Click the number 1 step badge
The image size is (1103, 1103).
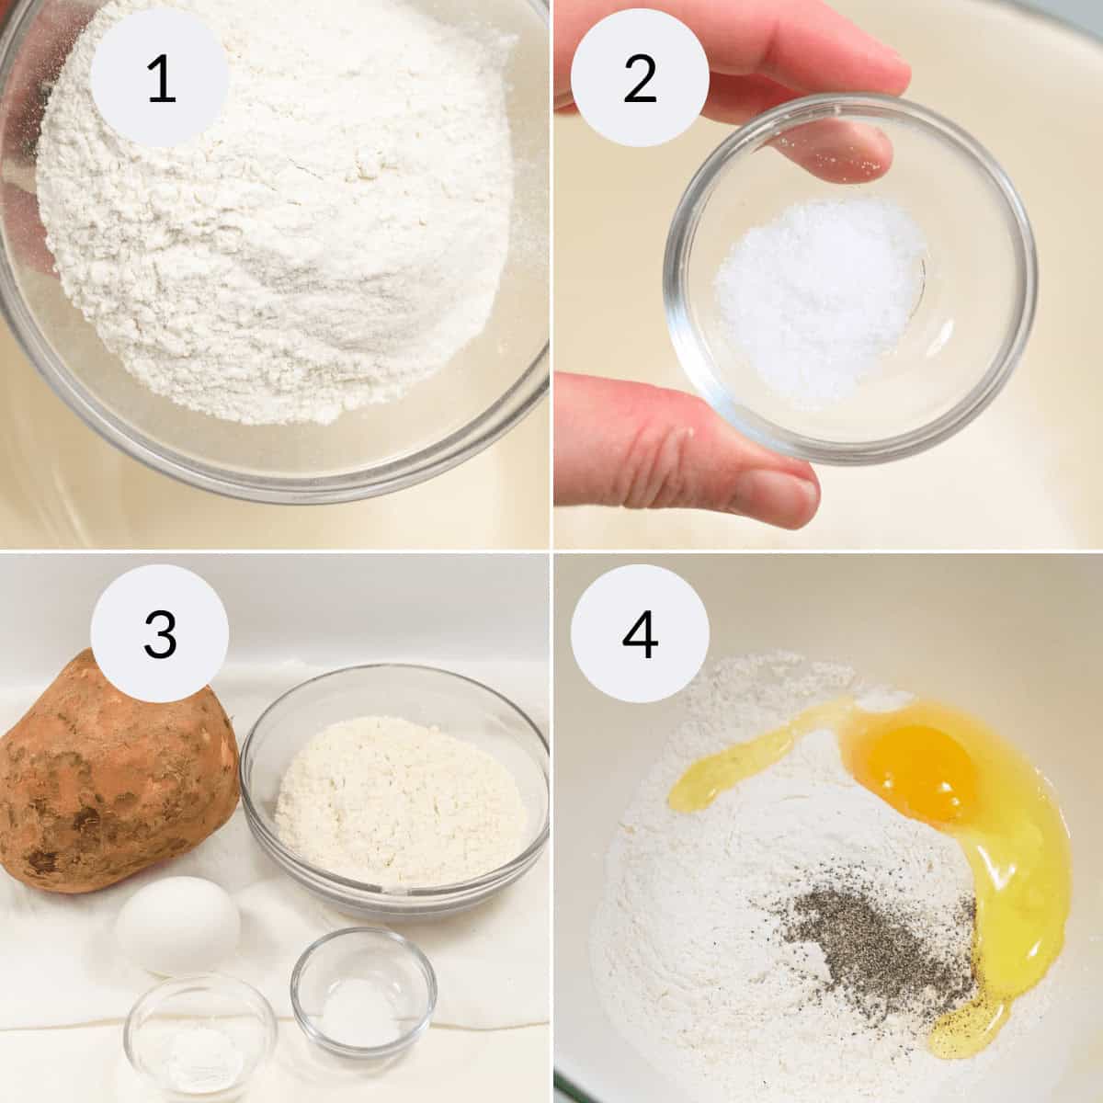tap(160, 78)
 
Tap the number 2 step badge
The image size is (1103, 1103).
tap(640, 78)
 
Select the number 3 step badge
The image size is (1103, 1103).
tap(160, 635)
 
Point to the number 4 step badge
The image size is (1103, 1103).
tap(640, 635)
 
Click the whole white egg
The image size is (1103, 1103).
tap(178, 925)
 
